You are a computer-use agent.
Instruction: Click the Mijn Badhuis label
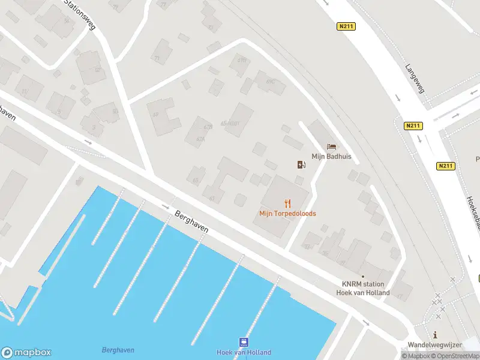331,157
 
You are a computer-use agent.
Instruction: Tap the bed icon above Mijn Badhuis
331,146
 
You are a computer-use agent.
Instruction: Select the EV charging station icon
301,164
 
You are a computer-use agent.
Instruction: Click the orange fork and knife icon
287,203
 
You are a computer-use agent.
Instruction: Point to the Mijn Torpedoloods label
287,214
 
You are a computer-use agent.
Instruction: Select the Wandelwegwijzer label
434,345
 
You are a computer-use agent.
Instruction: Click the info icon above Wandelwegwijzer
435,335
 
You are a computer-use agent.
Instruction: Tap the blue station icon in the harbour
244,343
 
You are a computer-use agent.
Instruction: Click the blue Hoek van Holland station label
244,353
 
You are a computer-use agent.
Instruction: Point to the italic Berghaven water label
118,350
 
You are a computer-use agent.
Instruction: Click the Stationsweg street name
80,15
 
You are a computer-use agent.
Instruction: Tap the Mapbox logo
26,353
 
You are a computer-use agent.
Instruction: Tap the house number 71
157,58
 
